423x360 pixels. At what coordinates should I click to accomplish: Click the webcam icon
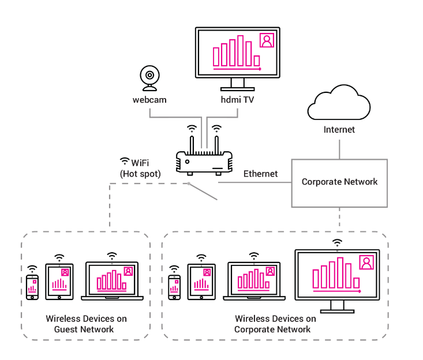point(149,78)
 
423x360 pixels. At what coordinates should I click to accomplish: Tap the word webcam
point(149,100)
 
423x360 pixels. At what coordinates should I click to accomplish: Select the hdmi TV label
point(237,100)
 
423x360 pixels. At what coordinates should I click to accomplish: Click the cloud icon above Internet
point(339,102)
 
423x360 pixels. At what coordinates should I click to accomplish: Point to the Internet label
point(339,129)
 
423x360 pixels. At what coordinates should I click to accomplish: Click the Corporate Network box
point(339,182)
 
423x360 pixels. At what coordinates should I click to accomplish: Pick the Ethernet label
point(260,174)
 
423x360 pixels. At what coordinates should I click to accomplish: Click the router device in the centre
point(204,161)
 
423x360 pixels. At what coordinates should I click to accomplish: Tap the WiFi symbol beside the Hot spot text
point(124,161)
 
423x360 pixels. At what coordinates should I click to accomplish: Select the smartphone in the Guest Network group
point(32,287)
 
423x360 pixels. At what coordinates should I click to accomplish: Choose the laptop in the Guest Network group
point(113,281)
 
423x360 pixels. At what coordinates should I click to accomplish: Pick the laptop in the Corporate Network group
point(254,281)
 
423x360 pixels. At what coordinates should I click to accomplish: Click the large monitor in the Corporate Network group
point(337,276)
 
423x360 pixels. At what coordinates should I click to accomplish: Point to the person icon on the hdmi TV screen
point(267,40)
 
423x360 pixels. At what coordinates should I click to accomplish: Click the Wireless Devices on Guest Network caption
point(86,324)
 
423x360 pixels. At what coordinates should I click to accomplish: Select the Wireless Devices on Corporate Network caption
point(275,324)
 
